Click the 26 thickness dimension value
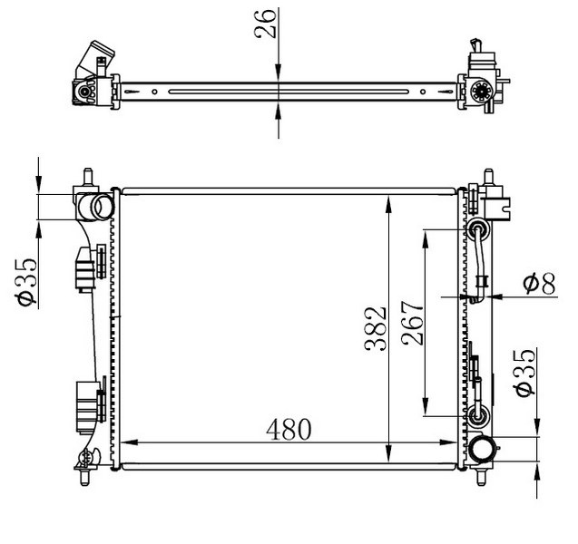(x=265, y=24)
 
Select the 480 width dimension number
(x=289, y=430)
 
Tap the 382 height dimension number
(x=376, y=328)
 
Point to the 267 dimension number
(x=413, y=323)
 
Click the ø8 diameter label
(x=539, y=285)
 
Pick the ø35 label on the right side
(x=524, y=373)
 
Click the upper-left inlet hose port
(x=99, y=207)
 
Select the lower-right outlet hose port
(x=482, y=450)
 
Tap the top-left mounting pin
(x=88, y=177)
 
